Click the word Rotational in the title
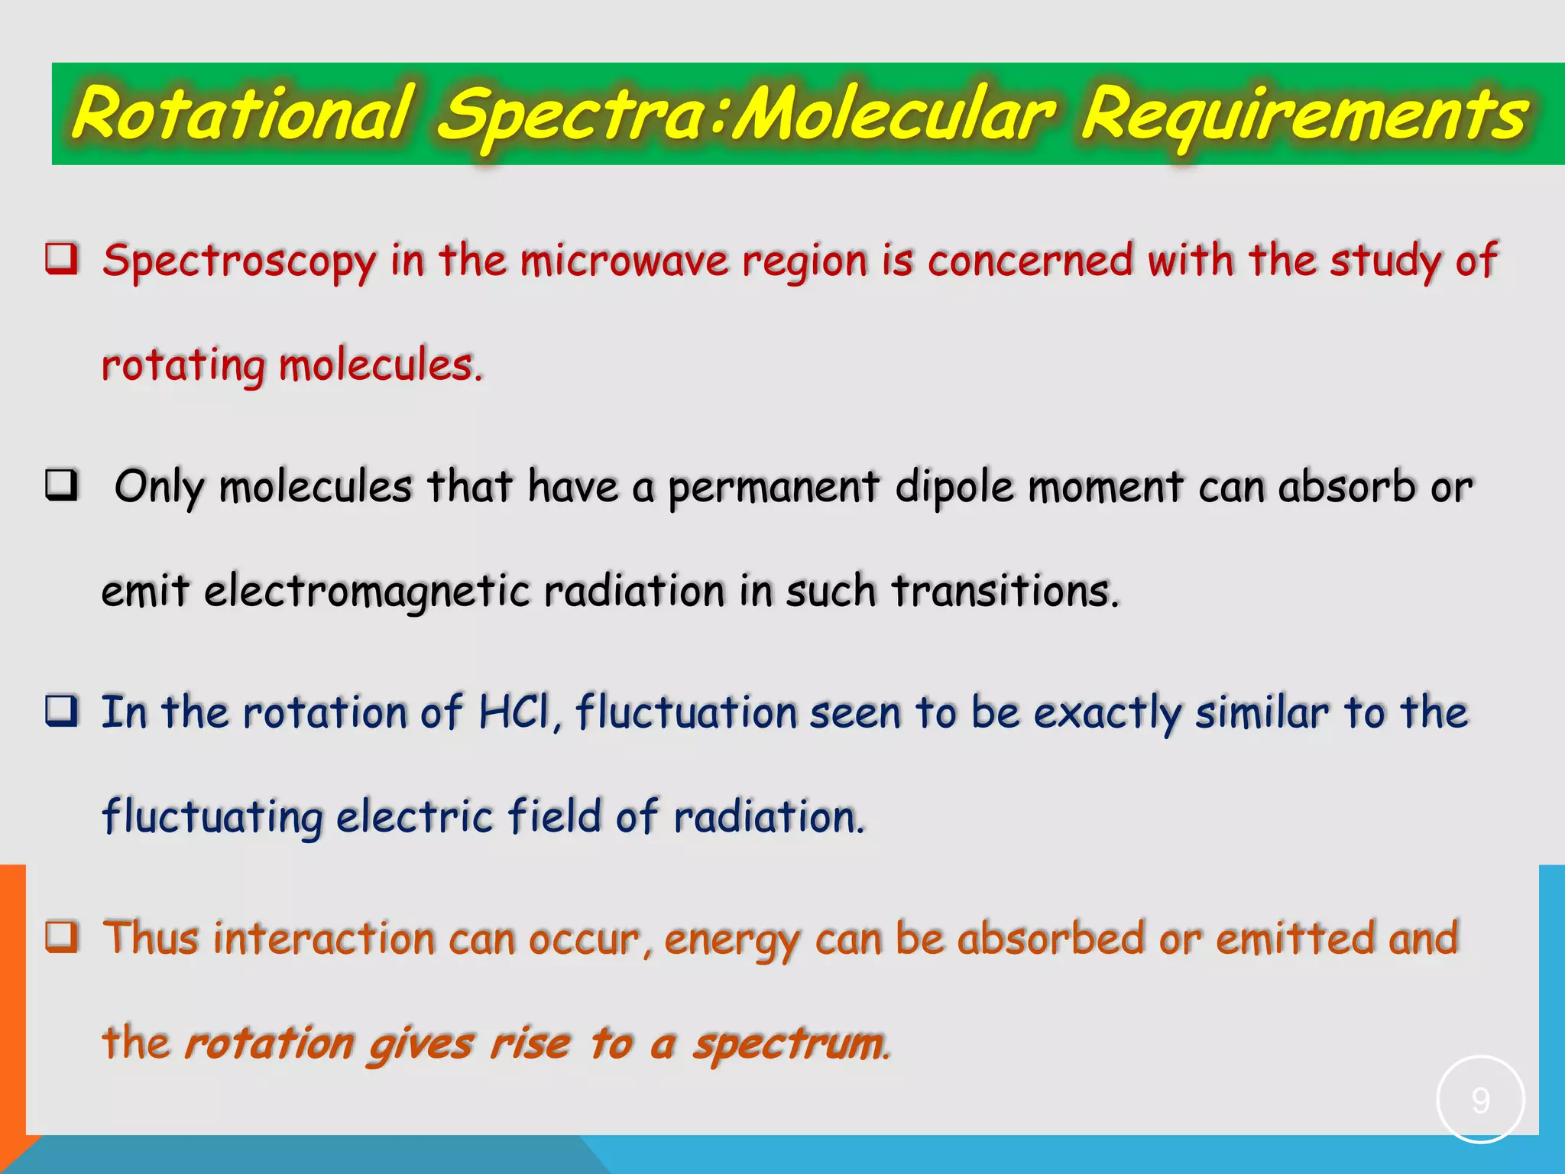tap(243, 115)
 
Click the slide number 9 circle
tap(1480, 1100)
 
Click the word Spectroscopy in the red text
tap(239, 261)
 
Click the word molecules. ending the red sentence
tap(381, 365)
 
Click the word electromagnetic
tap(367, 592)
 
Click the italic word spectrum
tap(790, 1044)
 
